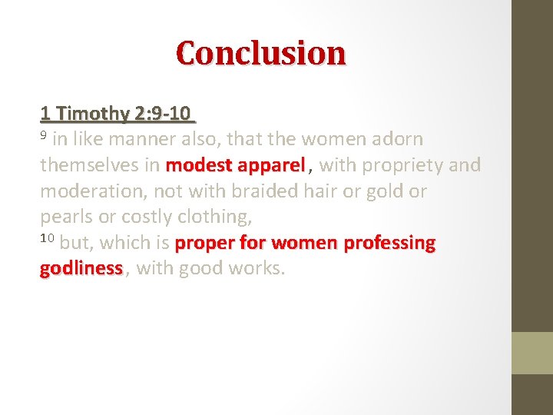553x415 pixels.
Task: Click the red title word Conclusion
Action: tap(261, 53)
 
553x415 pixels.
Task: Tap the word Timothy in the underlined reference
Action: tap(92, 114)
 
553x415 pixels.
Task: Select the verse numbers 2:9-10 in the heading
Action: tap(162, 114)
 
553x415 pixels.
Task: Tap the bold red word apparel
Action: tap(271, 165)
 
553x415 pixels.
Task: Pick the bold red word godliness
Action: tap(81, 269)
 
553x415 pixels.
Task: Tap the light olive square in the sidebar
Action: tap(532, 353)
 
